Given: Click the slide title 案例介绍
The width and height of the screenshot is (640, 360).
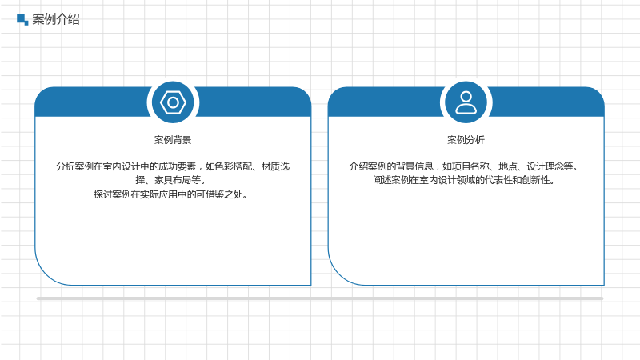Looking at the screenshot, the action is click(56, 19).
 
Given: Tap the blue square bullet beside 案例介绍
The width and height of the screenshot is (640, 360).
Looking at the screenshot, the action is click(22, 19).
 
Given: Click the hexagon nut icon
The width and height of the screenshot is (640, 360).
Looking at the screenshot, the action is click(173, 102).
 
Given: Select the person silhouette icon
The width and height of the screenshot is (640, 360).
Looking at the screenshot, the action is click(466, 102).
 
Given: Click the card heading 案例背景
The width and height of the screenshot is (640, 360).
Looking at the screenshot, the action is click(173, 140).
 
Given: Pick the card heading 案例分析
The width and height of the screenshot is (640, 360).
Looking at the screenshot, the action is click(466, 140).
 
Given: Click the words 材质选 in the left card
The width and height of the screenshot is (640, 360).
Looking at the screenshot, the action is click(275, 166).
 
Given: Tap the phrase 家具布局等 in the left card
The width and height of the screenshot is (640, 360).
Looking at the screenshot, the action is click(178, 180).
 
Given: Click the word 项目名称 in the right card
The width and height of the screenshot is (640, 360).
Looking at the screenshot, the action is click(470, 166).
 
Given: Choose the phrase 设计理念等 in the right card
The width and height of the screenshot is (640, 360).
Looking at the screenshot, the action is click(550, 166).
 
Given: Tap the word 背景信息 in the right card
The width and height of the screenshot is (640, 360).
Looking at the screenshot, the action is click(414, 166).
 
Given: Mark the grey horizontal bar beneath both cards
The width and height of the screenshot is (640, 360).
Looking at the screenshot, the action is click(320, 298).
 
